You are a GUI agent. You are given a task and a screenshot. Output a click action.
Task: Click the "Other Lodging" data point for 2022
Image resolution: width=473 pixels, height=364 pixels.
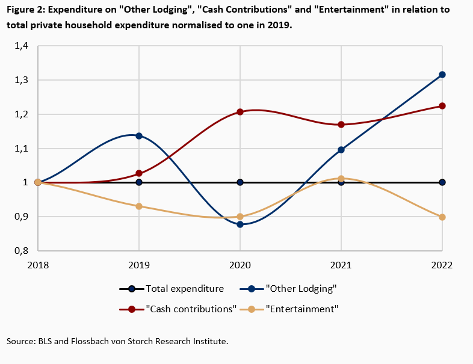[x=442, y=75]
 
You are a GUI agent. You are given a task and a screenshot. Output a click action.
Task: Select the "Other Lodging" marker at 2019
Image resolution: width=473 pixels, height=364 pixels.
[x=139, y=136]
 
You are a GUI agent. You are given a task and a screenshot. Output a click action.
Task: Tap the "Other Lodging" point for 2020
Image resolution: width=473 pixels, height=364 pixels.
[x=240, y=224]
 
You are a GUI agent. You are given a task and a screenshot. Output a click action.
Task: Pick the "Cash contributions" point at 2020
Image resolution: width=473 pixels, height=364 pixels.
[x=240, y=112]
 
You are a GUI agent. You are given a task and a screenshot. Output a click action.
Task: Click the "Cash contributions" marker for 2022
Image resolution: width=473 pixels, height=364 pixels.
[x=442, y=106]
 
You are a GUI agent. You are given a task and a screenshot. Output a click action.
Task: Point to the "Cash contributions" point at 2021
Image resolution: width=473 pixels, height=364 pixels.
[x=341, y=125]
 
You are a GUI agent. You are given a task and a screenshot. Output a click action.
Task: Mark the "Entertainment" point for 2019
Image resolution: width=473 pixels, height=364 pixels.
[x=139, y=206]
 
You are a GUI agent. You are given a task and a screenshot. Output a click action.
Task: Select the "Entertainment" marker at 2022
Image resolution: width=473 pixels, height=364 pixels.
[x=442, y=217]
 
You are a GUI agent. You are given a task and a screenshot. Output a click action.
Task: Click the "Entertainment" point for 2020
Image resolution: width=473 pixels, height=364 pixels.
[x=240, y=217]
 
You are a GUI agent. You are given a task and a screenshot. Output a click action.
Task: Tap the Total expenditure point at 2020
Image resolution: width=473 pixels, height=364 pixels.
[x=240, y=182]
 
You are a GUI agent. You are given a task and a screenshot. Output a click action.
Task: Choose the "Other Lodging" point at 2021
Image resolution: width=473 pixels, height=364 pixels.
[x=341, y=150]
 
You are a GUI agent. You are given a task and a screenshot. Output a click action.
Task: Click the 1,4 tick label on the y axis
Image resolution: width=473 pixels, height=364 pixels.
[x=22, y=46]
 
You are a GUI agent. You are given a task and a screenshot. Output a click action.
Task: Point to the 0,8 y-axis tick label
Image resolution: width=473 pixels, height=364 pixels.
[x=22, y=251]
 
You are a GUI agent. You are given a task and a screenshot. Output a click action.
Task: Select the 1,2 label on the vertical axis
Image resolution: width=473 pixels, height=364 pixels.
[x=22, y=114]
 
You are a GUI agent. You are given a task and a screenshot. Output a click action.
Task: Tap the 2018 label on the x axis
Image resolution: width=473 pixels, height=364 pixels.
[x=38, y=265]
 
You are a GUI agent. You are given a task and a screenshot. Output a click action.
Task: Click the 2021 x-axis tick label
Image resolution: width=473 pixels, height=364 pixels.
[x=341, y=265]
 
